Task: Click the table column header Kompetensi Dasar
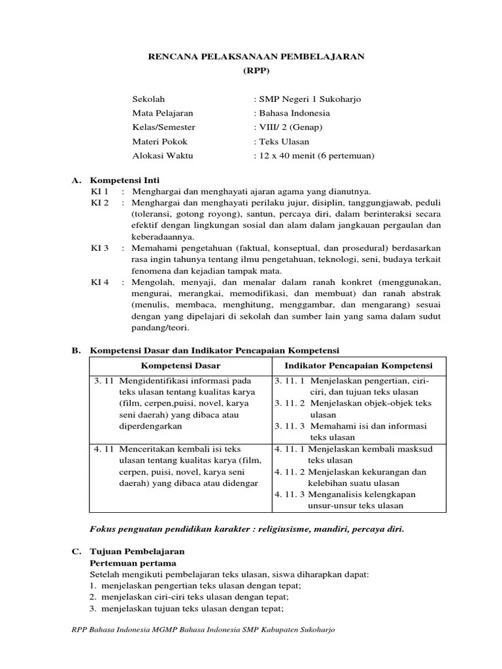180,365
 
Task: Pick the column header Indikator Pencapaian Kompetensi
359,365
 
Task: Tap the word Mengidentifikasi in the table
158,381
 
